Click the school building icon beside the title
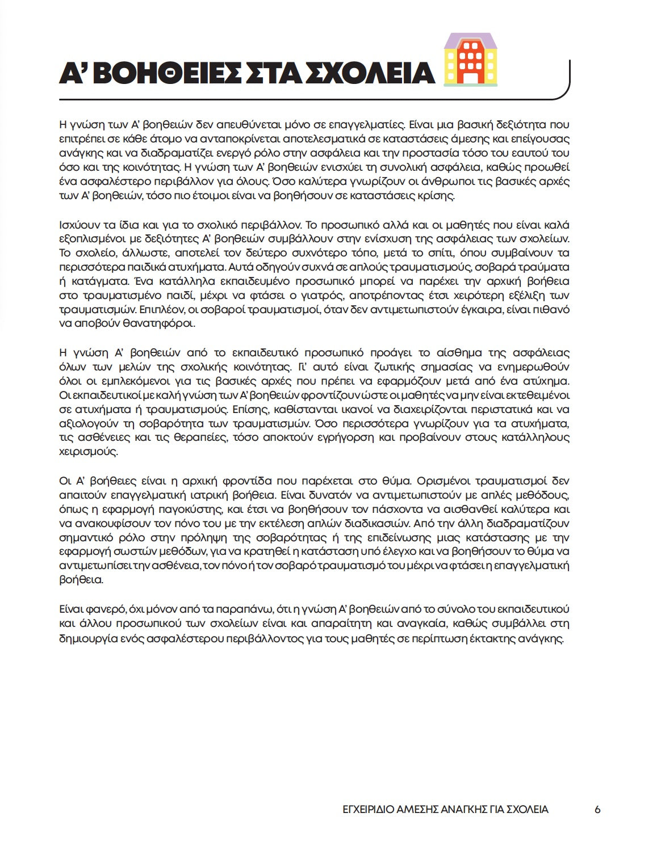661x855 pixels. coord(470,60)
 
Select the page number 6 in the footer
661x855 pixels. coord(597,810)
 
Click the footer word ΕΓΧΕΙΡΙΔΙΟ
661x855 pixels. coord(361,810)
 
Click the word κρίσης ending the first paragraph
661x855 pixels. coord(438,196)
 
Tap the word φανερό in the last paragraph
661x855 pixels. coord(104,609)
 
